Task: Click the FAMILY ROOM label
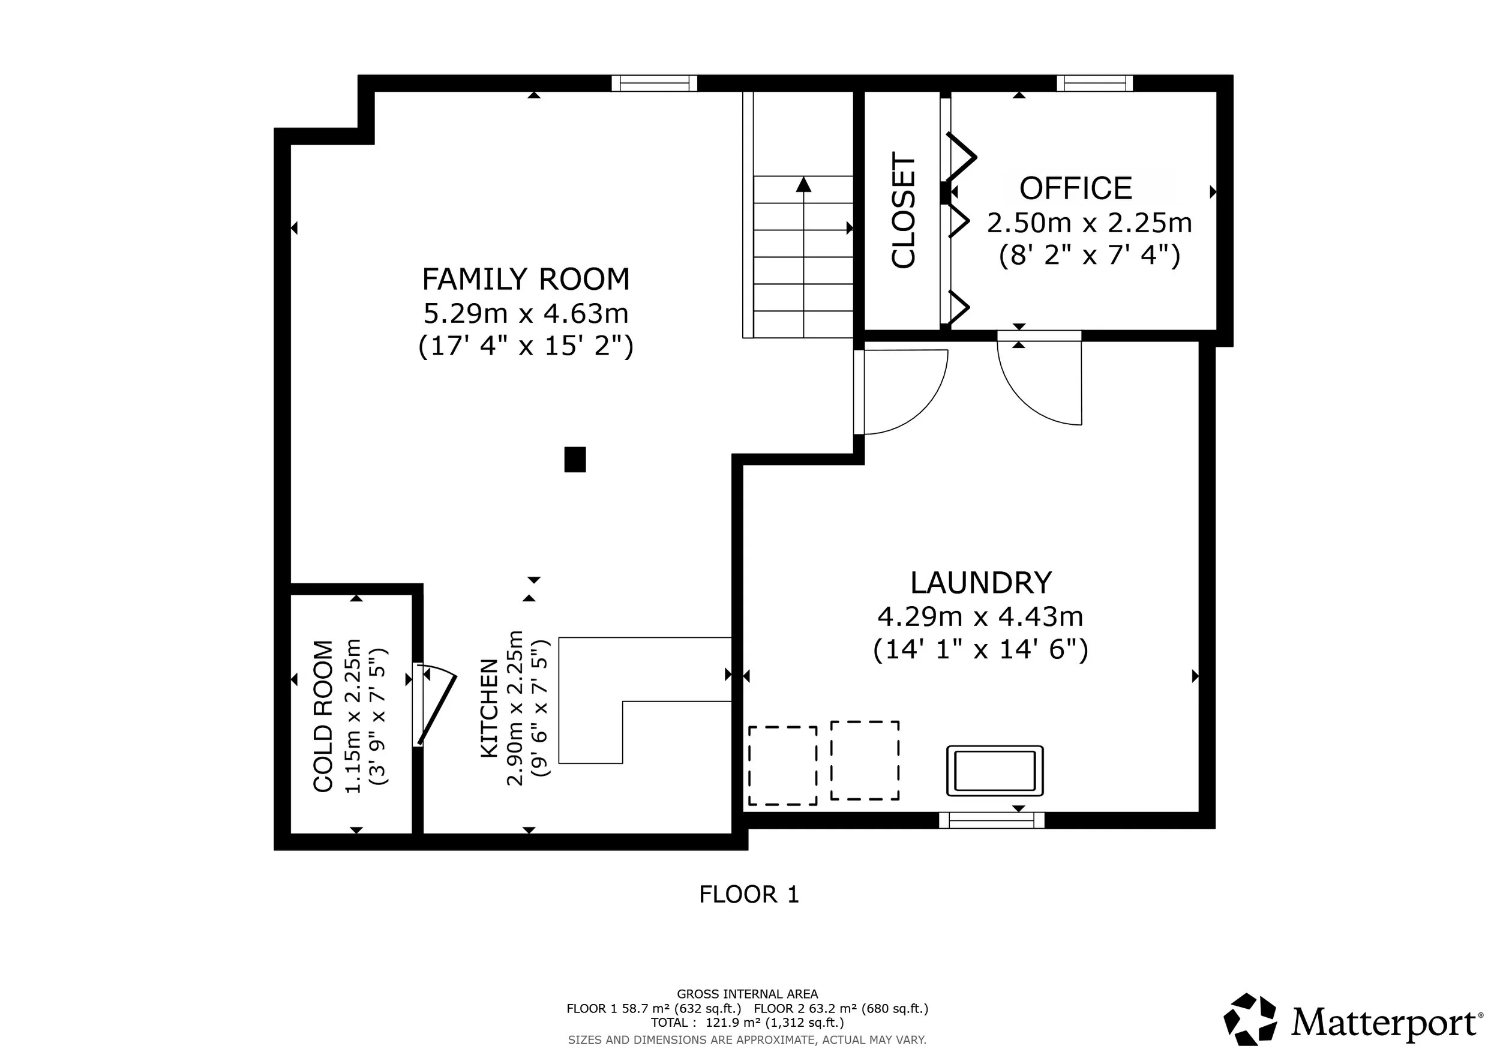coord(526,280)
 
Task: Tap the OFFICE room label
coord(1075,189)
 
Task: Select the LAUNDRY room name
coord(981,583)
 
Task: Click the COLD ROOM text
coord(323,716)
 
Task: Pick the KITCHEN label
coord(490,708)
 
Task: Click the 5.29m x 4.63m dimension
coord(526,314)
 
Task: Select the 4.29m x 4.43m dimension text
coord(980,616)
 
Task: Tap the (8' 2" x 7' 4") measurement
coord(1089,256)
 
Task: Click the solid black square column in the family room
coord(575,459)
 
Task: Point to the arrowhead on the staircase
coord(803,185)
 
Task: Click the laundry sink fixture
coord(995,771)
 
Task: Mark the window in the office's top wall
coord(1095,83)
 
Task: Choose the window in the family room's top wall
coord(655,83)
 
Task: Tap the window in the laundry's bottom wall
coord(992,820)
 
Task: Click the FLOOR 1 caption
coord(749,894)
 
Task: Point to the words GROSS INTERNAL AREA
coord(748,994)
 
